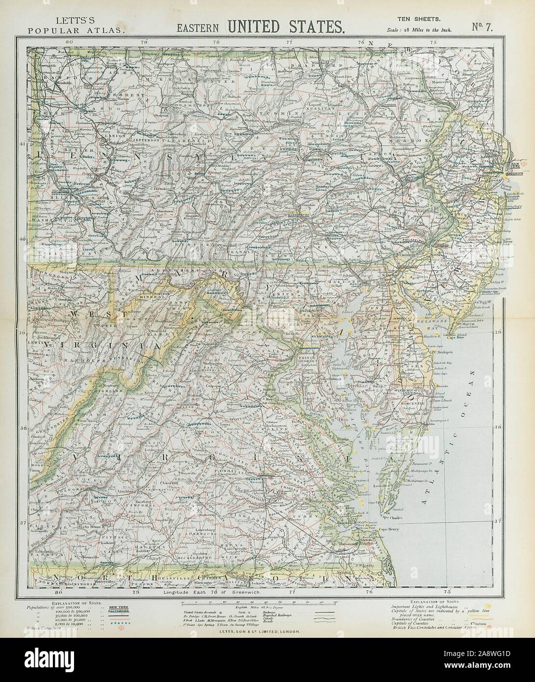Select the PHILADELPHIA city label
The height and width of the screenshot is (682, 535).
coord(415,241)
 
